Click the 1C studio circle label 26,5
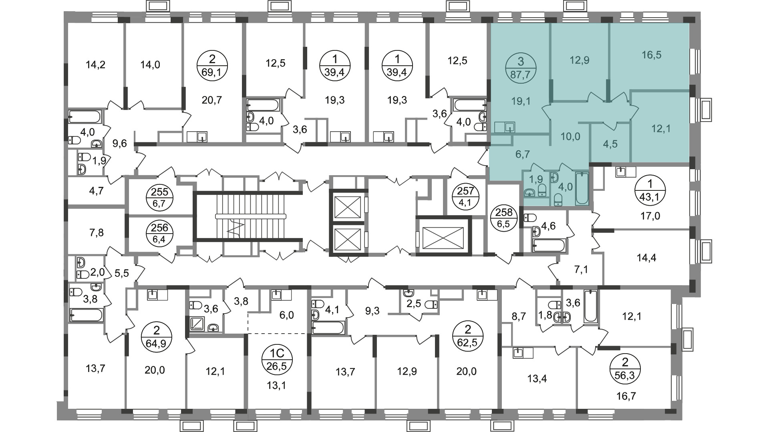click(277, 359)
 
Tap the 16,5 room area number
click(651, 55)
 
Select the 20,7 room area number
click(212, 100)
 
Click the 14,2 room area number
click(96, 64)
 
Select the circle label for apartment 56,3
click(625, 370)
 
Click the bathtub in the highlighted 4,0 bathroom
click(582, 188)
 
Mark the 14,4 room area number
click(646, 258)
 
